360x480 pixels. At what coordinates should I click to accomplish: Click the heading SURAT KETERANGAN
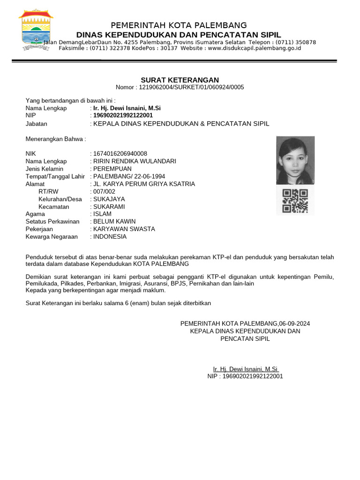(x=180, y=80)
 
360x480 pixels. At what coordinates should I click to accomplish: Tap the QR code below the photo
(x=295, y=201)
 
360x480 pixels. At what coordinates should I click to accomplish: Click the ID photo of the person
(x=295, y=160)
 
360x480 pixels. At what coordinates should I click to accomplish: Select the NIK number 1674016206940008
(x=120, y=154)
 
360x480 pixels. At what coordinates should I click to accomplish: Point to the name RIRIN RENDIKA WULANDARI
(x=135, y=161)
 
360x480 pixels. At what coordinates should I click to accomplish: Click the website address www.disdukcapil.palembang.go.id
(x=254, y=48)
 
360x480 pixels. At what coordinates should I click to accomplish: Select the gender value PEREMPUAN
(x=112, y=169)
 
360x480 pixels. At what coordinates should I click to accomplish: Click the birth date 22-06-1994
(x=149, y=176)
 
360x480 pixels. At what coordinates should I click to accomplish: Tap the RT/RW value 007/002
(x=105, y=191)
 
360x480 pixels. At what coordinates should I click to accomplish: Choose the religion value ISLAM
(x=103, y=214)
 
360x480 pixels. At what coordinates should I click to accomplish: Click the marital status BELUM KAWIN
(x=114, y=221)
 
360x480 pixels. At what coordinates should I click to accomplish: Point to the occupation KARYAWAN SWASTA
(x=124, y=229)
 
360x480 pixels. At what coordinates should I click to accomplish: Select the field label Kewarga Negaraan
(x=52, y=236)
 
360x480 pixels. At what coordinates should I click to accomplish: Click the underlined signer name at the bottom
(x=245, y=369)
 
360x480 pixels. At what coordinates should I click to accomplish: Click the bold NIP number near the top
(x=123, y=115)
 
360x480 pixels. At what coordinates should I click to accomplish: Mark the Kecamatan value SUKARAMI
(x=109, y=206)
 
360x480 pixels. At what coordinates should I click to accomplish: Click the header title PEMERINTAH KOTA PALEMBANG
(x=179, y=25)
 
